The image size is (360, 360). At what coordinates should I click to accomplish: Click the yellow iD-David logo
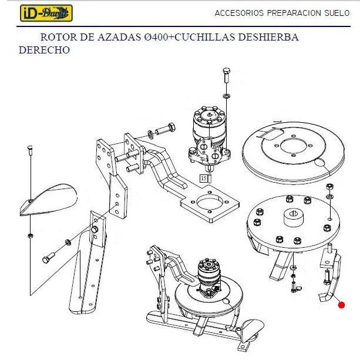coord(46,14)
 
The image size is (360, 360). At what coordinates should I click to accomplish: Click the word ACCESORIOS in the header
coord(239,13)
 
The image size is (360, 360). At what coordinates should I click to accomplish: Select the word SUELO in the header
coord(337,13)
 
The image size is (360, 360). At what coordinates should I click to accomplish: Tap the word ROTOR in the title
coord(59,37)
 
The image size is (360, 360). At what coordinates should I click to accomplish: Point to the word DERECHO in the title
coord(44,50)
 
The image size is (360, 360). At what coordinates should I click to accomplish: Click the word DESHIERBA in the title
coord(268,37)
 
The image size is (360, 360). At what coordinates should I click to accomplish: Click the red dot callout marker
coord(341,305)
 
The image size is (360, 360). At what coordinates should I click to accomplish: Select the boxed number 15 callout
coord(203,178)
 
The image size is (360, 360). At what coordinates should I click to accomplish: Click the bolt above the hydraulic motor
coord(226,76)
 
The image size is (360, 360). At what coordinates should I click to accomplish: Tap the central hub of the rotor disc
coord(294,217)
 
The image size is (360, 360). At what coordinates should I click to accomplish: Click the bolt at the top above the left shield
coord(30,150)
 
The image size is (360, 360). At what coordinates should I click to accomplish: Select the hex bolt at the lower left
coord(49,258)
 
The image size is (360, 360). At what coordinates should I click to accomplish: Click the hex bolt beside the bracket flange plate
coord(165,129)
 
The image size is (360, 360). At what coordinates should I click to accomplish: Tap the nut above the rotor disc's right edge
coord(329,186)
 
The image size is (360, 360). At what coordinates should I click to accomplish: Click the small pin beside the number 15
coord(210,178)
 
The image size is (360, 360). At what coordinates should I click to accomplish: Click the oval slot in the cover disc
coord(319,162)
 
